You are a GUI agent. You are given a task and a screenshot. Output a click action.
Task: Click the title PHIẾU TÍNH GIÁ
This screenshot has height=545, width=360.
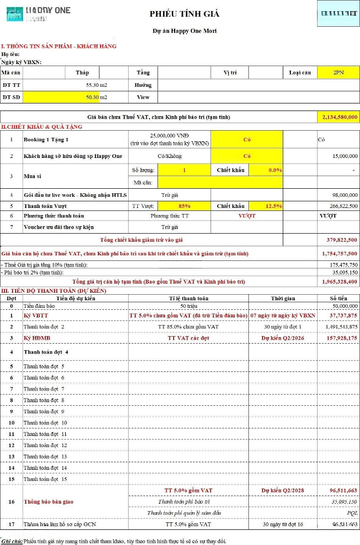(x=184, y=14)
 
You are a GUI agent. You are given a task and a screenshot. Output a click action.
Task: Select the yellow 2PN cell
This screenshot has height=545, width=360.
(x=338, y=73)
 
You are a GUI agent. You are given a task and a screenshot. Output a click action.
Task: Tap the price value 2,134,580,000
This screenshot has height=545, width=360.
(x=339, y=117)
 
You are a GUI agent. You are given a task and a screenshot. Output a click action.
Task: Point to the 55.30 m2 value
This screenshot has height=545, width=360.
(x=96, y=85)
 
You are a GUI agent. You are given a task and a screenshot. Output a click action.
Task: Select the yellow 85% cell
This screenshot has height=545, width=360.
(x=184, y=206)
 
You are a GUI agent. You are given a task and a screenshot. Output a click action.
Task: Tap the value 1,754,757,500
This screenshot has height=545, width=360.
(x=339, y=253)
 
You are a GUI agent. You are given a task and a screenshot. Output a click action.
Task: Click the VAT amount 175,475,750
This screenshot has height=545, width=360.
(x=340, y=265)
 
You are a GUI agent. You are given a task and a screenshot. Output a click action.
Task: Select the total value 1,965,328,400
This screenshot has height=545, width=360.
(x=339, y=282)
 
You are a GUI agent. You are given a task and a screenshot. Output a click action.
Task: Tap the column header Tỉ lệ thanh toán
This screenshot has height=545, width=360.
(x=188, y=298)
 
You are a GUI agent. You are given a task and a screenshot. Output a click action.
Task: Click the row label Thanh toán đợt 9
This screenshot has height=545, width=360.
(x=44, y=411)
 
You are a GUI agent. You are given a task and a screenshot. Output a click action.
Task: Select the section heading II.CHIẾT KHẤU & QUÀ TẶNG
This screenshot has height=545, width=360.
(x=41, y=127)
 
